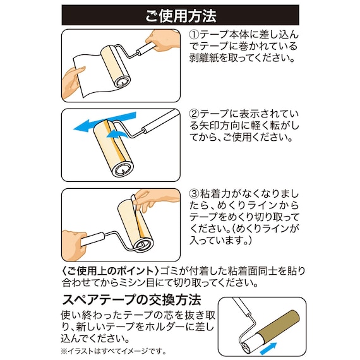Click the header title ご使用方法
(180, 15)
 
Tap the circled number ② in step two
(195, 115)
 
